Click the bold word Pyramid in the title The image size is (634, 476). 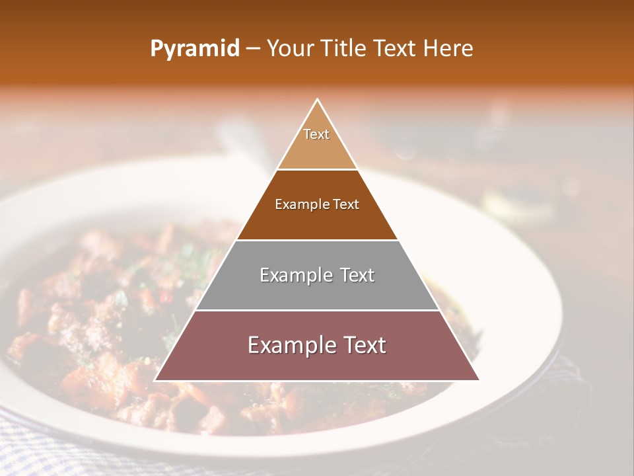click(194, 48)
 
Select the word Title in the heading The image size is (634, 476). click(343, 48)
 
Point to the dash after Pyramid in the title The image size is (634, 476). click(253, 49)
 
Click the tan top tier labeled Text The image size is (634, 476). click(317, 142)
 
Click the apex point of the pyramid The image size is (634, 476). click(318, 100)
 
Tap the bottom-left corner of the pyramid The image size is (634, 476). click(155, 380)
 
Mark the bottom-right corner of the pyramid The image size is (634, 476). click(479, 380)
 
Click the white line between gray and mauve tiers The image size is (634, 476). click(317, 310)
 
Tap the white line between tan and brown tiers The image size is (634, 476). click(317, 169)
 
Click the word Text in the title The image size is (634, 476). click(394, 48)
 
